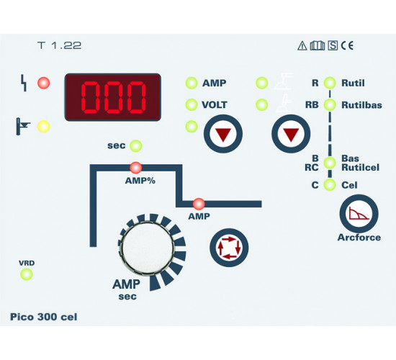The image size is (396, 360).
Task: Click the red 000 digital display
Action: point(113,97)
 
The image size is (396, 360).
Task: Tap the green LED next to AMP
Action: point(192,83)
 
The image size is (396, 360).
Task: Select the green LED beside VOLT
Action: point(192,104)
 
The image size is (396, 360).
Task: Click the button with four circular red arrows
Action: point(229,248)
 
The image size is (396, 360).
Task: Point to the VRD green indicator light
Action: point(27,274)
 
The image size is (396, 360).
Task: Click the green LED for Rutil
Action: point(330,83)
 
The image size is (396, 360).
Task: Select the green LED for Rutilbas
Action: point(330,104)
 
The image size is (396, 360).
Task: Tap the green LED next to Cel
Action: point(330,185)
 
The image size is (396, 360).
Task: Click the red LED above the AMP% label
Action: point(136,168)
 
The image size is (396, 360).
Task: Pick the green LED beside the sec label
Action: point(136,145)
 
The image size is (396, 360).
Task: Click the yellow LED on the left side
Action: point(44,127)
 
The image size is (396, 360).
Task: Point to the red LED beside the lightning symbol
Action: point(44,83)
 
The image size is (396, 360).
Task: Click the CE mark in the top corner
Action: point(347,45)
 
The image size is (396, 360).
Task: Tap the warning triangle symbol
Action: point(302,46)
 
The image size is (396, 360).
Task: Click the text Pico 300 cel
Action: point(44,317)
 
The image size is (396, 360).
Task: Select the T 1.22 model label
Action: point(59,45)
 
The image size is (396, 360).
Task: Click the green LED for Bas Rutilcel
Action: point(330,163)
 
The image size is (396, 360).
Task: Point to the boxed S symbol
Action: point(333,45)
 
